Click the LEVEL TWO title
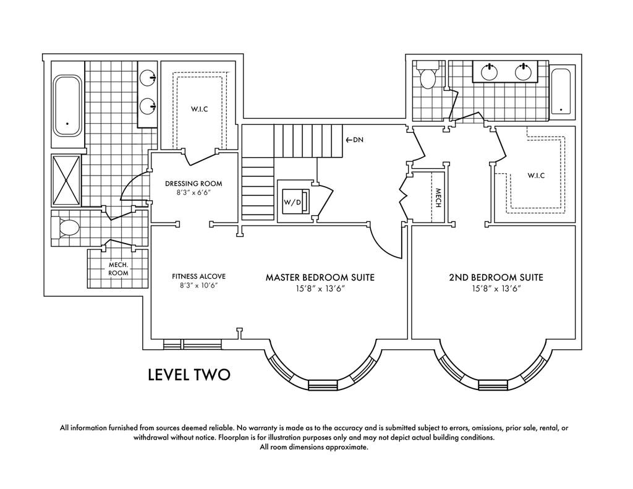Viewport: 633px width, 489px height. (189, 374)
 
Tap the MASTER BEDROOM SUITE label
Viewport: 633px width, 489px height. (320, 278)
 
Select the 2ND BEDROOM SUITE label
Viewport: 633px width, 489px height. (496, 278)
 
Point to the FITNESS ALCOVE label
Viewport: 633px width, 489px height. (198, 276)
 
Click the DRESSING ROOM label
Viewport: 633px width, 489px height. (193, 184)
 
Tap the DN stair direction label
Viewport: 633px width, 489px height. (355, 140)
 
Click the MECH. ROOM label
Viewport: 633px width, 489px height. (119, 269)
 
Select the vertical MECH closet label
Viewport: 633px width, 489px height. (438, 198)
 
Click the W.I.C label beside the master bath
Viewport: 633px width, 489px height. (200, 109)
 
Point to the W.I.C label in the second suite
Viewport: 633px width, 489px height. (536, 176)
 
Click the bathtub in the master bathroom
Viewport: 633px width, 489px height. (68, 105)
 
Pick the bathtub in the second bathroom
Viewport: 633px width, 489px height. (561, 91)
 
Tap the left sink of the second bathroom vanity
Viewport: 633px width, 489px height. (490, 72)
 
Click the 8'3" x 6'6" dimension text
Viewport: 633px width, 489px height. (193, 193)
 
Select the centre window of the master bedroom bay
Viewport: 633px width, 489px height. (323, 385)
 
